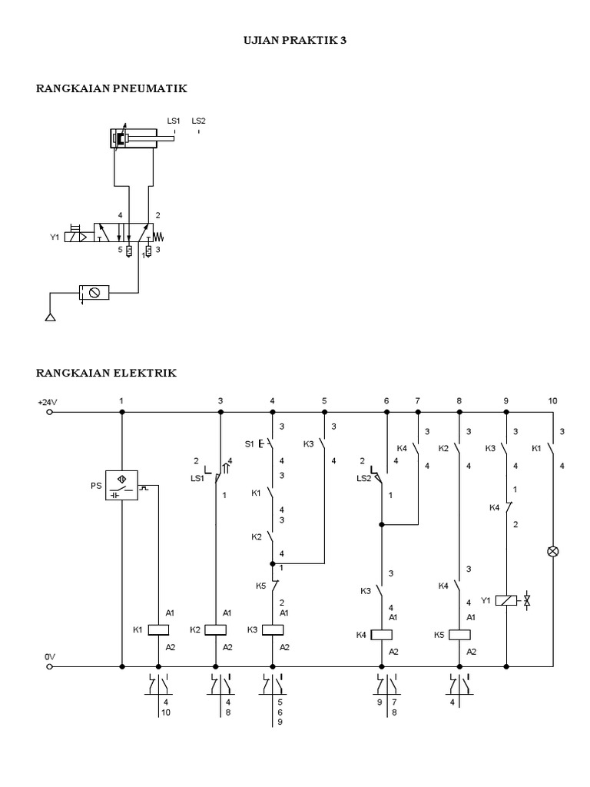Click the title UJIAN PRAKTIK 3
[295, 41]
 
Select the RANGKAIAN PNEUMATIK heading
[112, 88]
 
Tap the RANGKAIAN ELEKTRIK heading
[107, 373]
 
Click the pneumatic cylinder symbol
[133, 139]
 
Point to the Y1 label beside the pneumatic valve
[55, 237]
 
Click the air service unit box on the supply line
[94, 292]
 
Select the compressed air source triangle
[51, 316]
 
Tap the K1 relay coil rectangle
[157, 629]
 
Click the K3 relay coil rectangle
[273, 629]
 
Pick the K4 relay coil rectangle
[381, 634]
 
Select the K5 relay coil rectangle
[459, 634]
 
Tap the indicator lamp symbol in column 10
[552, 551]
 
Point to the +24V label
[48, 402]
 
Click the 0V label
[50, 656]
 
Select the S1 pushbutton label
[249, 444]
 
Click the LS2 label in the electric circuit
[364, 477]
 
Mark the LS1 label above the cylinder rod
[174, 120]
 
